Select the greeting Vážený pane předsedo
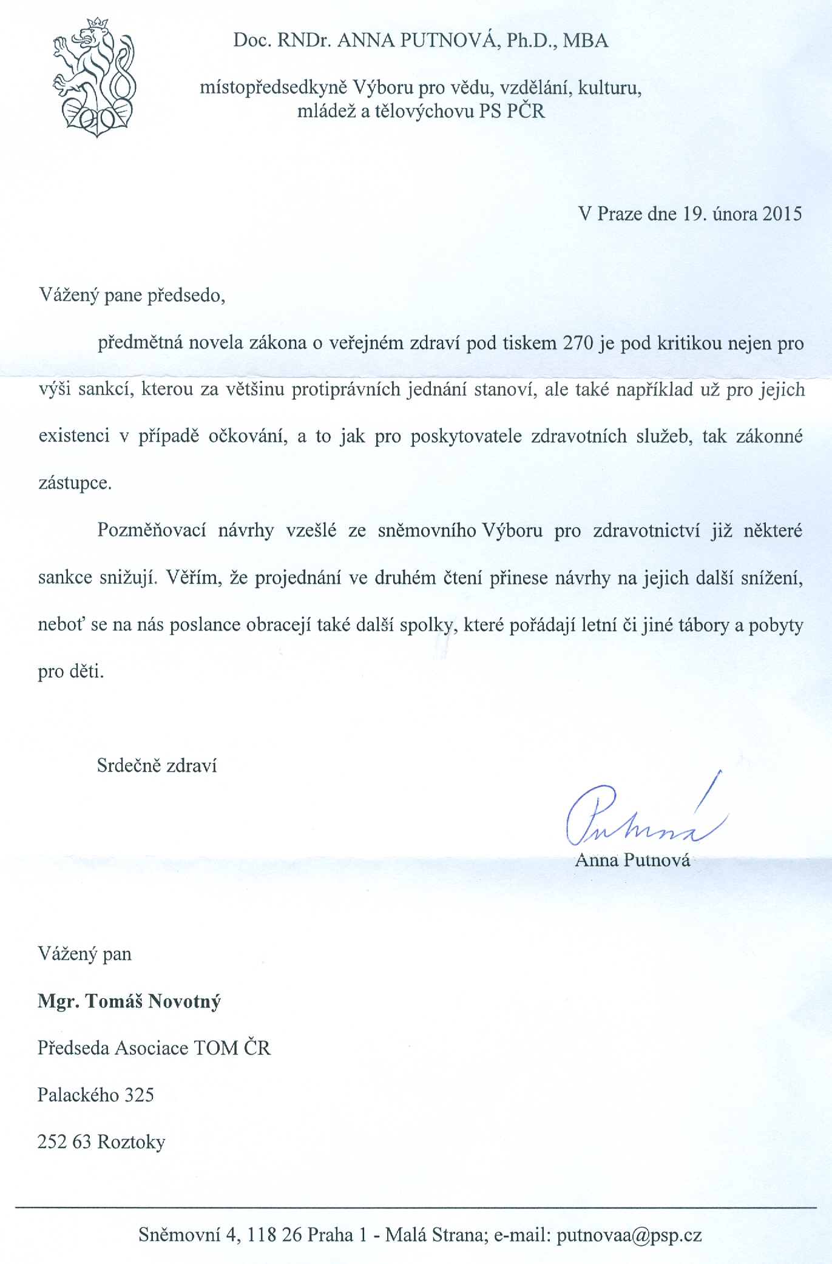[132, 296]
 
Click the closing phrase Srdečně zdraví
[157, 766]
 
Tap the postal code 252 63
[64, 1143]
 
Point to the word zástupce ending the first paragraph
[74, 484]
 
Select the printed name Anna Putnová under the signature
[632, 860]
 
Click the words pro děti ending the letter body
[70, 672]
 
